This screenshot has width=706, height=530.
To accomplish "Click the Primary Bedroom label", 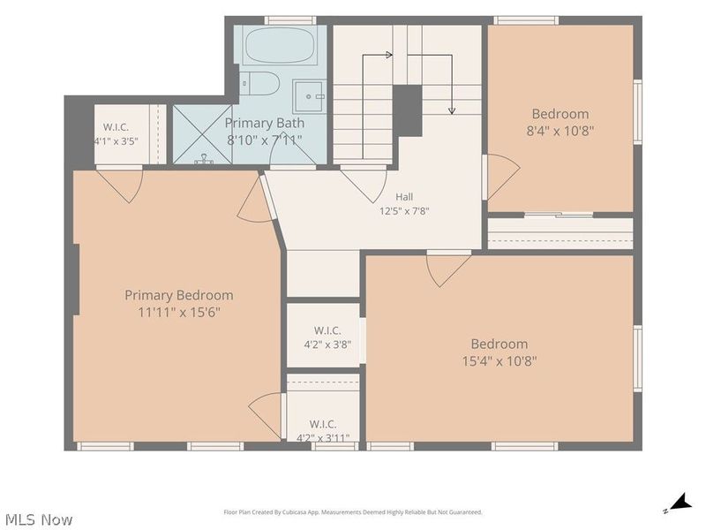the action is coord(179,295).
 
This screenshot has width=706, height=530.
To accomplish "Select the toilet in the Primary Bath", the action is coord(259,83).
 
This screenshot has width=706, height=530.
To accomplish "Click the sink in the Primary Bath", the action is coord(309,96).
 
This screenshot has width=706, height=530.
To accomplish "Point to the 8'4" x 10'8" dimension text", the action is coord(560,131).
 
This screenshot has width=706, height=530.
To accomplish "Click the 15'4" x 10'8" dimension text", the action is coord(499,361).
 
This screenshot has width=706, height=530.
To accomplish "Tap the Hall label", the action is coord(404,197).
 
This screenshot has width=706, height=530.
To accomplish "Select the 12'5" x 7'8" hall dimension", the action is coord(404,211).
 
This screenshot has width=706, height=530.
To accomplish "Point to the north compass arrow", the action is coord(679,503).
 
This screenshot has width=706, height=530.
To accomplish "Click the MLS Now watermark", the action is coord(39,519).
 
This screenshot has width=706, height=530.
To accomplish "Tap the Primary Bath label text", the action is coord(264,123).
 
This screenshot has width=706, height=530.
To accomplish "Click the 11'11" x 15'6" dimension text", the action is coord(179,313).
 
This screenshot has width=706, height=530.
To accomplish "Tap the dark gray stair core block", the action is coord(408,110).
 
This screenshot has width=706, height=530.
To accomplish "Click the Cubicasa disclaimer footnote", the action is coord(353,512).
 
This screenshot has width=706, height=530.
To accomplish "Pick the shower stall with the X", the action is coord(203,134).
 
